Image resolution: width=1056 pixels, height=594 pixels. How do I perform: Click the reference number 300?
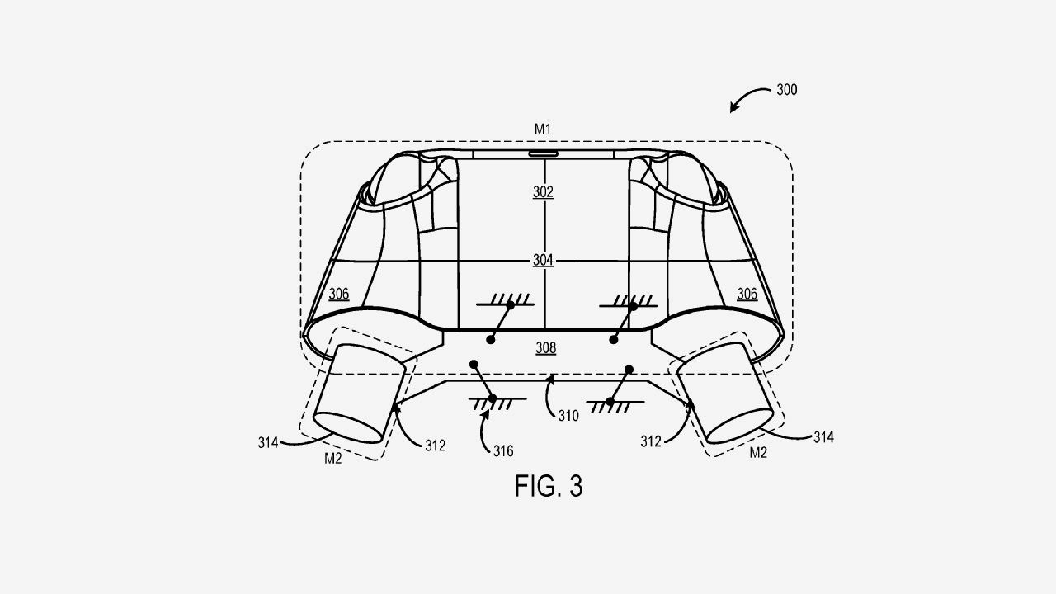pos(787,90)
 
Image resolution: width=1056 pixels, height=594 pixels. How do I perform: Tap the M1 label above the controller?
pos(543,130)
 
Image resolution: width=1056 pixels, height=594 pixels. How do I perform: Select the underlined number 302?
pos(543,192)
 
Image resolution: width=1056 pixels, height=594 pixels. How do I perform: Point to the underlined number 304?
pos(543,260)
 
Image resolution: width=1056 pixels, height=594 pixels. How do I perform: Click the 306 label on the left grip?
pos(339,295)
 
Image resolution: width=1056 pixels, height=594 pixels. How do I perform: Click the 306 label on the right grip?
pos(747,295)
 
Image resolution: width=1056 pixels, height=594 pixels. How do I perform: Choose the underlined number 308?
pos(546,348)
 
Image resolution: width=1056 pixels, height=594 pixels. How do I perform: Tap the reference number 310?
pos(568,416)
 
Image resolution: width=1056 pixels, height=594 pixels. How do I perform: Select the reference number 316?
pos(503,451)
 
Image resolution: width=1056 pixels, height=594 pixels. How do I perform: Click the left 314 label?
pos(268,443)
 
